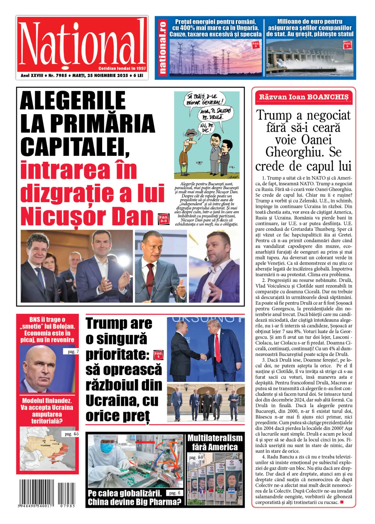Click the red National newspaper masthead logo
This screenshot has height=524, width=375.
tap(82, 44)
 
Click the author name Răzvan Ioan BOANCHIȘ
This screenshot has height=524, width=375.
tap(303, 97)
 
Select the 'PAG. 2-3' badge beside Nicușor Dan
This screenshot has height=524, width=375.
tap(163, 218)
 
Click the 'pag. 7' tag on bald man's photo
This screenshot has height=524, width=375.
tap(73, 352)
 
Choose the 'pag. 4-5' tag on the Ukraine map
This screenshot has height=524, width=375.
tap(72, 434)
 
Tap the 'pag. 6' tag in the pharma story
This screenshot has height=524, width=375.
tap(174, 493)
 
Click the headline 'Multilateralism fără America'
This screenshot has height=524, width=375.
tap(215, 442)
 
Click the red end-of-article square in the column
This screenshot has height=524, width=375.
tap(342, 502)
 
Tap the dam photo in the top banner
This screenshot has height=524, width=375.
tap(310, 58)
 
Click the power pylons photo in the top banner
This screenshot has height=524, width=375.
tap(215, 58)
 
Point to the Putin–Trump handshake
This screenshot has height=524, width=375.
tap(203, 356)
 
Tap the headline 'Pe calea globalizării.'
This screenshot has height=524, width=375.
tap(125, 493)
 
